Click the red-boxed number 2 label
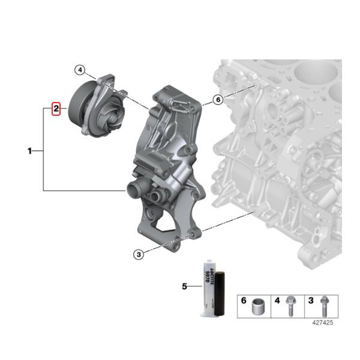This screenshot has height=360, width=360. coord(56,109)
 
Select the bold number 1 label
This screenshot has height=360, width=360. coord(29,151)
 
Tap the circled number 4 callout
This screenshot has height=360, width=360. coord(80,70)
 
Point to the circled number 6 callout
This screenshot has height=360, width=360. coord(218,100)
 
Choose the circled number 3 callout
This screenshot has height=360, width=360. coord(139,254)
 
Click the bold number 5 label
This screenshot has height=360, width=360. coord(185,286)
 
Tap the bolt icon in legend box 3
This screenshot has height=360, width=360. coord(325,304)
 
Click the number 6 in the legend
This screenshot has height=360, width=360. coord(244,299)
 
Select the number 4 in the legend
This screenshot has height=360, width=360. coord(277,299)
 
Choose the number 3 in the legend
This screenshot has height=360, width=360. coord(310,299)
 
